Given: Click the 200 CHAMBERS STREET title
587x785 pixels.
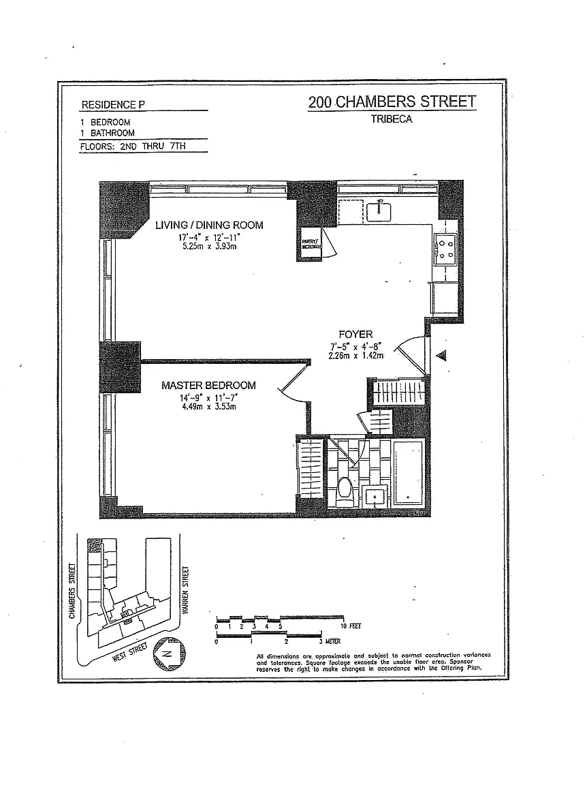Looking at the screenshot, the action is coord(392,102).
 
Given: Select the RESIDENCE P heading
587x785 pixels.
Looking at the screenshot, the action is coord(112,105).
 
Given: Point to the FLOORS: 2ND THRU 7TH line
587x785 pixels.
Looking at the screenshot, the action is coord(142,145).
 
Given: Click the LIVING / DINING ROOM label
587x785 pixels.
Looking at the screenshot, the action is coord(208,225).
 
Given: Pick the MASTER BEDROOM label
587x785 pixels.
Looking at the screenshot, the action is coord(208,386).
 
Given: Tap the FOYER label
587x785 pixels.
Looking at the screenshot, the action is coord(355,334).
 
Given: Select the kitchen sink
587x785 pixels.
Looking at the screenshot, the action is coord(379,211).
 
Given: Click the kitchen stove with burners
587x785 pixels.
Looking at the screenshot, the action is coord(445,249).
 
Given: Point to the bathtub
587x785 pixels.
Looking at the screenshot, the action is coord(409,473).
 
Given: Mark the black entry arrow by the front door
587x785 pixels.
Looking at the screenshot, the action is coord(441,355).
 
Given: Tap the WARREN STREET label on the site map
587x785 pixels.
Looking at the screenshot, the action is coord(185,588).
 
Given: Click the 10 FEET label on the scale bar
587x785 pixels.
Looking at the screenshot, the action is coord(351,626).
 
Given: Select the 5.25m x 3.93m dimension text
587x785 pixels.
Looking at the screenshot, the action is coord(208,246).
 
